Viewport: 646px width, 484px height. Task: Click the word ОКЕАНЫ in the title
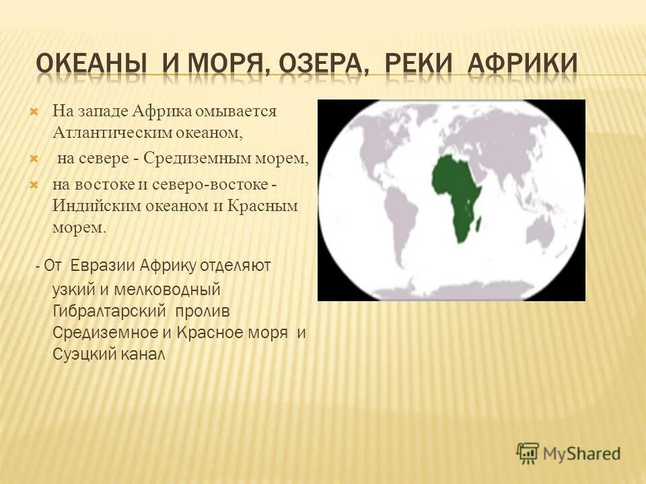(x=92, y=65)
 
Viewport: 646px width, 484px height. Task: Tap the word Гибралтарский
(x=111, y=312)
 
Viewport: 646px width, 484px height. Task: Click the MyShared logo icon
(x=528, y=452)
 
